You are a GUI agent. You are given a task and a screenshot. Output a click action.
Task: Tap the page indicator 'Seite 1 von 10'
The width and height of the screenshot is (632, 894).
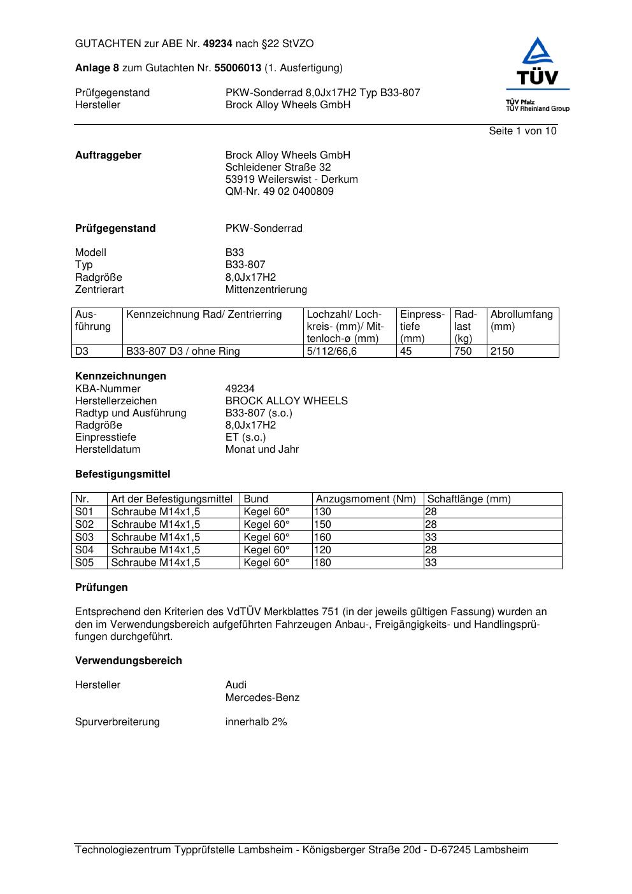click(522, 131)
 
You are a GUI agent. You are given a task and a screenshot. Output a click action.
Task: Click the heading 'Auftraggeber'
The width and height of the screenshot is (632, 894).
click(108, 155)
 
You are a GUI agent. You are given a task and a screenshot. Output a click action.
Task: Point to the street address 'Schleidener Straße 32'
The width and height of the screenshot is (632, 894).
click(278, 167)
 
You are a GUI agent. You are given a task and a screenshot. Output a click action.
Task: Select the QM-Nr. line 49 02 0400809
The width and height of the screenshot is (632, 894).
click(279, 192)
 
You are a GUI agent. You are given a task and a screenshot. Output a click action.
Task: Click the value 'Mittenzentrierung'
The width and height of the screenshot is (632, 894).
click(266, 290)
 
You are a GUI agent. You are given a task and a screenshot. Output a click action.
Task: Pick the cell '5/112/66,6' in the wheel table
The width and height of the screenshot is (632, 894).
click(331, 351)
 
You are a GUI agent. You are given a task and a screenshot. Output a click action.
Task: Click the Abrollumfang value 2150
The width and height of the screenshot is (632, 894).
click(502, 351)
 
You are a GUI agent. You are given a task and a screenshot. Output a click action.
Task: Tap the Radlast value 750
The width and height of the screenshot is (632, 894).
click(463, 351)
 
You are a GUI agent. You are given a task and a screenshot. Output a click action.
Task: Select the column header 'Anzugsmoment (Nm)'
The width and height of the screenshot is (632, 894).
click(366, 499)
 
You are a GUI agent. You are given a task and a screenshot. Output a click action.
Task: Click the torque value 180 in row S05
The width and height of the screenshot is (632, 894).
click(322, 563)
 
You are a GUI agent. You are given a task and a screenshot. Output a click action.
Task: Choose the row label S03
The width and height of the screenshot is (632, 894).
click(84, 537)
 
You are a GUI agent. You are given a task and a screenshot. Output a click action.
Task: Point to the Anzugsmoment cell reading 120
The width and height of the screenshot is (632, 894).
click(322, 550)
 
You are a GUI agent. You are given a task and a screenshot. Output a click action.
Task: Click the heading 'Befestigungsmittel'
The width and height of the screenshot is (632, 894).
click(122, 474)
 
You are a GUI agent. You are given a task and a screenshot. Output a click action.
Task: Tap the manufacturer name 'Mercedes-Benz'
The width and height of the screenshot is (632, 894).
click(262, 698)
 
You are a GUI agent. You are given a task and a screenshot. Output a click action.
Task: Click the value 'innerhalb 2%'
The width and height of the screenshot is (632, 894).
click(256, 722)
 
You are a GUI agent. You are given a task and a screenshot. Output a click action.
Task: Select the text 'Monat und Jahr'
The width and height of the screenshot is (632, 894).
click(262, 450)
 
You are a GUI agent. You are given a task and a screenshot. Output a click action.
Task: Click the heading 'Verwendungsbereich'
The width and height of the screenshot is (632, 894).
click(128, 661)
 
